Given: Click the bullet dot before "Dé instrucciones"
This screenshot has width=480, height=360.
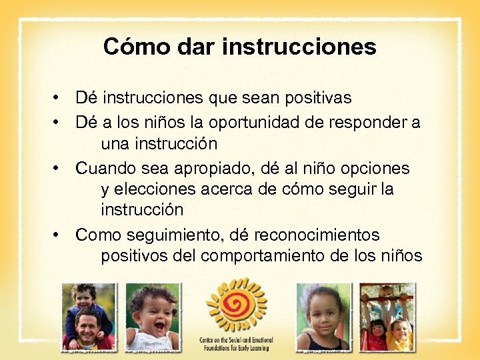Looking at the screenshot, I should click(x=59, y=99).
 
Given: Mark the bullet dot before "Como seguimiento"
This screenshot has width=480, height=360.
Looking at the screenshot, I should click(x=59, y=235).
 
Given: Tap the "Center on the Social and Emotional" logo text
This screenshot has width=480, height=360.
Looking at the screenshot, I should click(x=236, y=344).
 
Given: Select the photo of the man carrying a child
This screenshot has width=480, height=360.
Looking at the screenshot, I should click(x=87, y=317).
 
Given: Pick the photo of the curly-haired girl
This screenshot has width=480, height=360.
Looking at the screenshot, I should click(x=323, y=317).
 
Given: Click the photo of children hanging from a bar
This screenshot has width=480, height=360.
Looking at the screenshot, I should click(x=387, y=317).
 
